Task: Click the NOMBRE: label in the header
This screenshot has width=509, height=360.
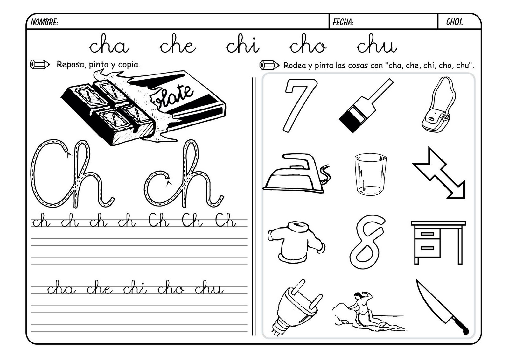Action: (44, 22)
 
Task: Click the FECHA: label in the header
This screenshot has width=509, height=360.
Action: (343, 22)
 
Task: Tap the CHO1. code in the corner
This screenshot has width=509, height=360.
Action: (454, 22)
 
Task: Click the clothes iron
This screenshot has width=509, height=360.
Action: (294, 173)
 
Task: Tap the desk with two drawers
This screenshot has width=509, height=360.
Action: (438, 242)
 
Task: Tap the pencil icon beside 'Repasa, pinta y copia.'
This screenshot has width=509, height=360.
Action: (40, 65)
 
